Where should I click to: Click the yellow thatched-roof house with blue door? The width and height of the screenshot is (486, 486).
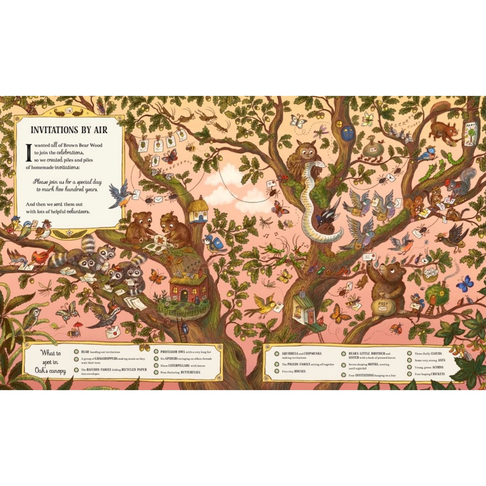tap(198, 212)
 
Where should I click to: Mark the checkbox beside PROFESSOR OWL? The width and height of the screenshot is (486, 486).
tap(156, 352)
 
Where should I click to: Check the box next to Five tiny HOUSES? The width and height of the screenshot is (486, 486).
tap(276, 371)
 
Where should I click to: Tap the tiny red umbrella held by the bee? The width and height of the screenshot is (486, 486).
tap(78, 325)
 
